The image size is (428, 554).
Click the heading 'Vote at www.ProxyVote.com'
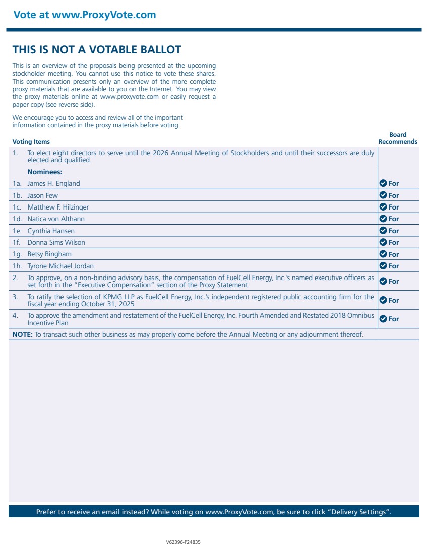coord(85,15)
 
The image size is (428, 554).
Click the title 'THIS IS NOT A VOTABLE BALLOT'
coord(97,49)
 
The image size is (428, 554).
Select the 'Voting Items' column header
coord(31,142)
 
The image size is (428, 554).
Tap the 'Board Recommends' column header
coord(398,138)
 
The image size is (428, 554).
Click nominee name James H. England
coord(53,184)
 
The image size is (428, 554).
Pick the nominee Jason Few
coord(43,195)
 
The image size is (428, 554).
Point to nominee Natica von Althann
coord(56,219)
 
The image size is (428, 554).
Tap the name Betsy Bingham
coord(49,254)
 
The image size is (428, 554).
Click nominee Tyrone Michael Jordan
coord(60,266)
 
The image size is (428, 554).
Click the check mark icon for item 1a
coord(383,183)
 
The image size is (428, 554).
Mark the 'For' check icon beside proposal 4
coord(383,319)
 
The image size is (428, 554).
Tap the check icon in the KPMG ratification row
coord(383,300)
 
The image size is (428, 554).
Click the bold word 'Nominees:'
coord(45,172)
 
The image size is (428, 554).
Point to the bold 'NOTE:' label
coord(23,334)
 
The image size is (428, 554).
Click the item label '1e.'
coord(18,231)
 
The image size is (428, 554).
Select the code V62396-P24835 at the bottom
coord(183,542)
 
